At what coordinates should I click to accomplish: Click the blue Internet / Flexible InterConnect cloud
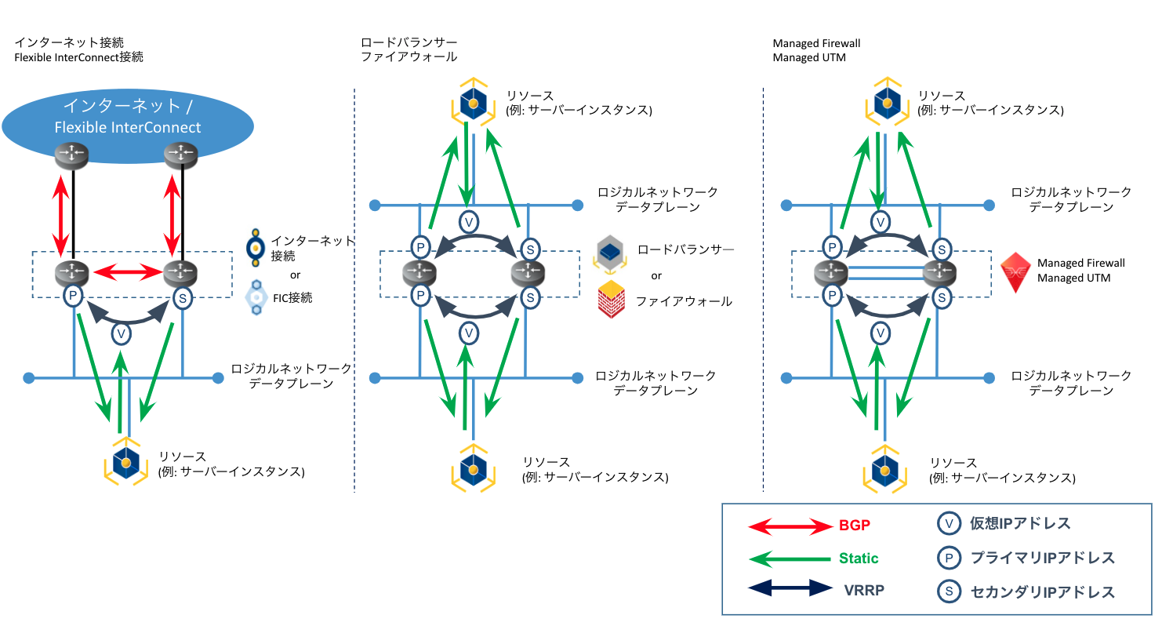tap(127, 118)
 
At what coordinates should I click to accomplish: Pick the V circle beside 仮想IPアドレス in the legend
tap(949, 523)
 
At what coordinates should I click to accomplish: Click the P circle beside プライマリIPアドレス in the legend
tap(949, 558)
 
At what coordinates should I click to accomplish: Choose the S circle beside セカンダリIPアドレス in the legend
tap(949, 591)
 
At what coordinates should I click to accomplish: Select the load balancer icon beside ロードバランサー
tap(612, 251)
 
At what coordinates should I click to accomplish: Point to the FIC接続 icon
tap(255, 297)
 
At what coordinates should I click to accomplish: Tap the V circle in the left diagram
tap(122, 333)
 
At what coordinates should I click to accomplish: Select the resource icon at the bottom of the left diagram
tap(126, 464)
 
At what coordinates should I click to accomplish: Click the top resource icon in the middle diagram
tap(468, 103)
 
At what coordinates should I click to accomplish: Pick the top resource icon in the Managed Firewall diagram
tap(887, 103)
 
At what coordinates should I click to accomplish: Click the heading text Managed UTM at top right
tap(809, 58)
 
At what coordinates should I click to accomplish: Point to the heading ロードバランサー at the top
tap(409, 42)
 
